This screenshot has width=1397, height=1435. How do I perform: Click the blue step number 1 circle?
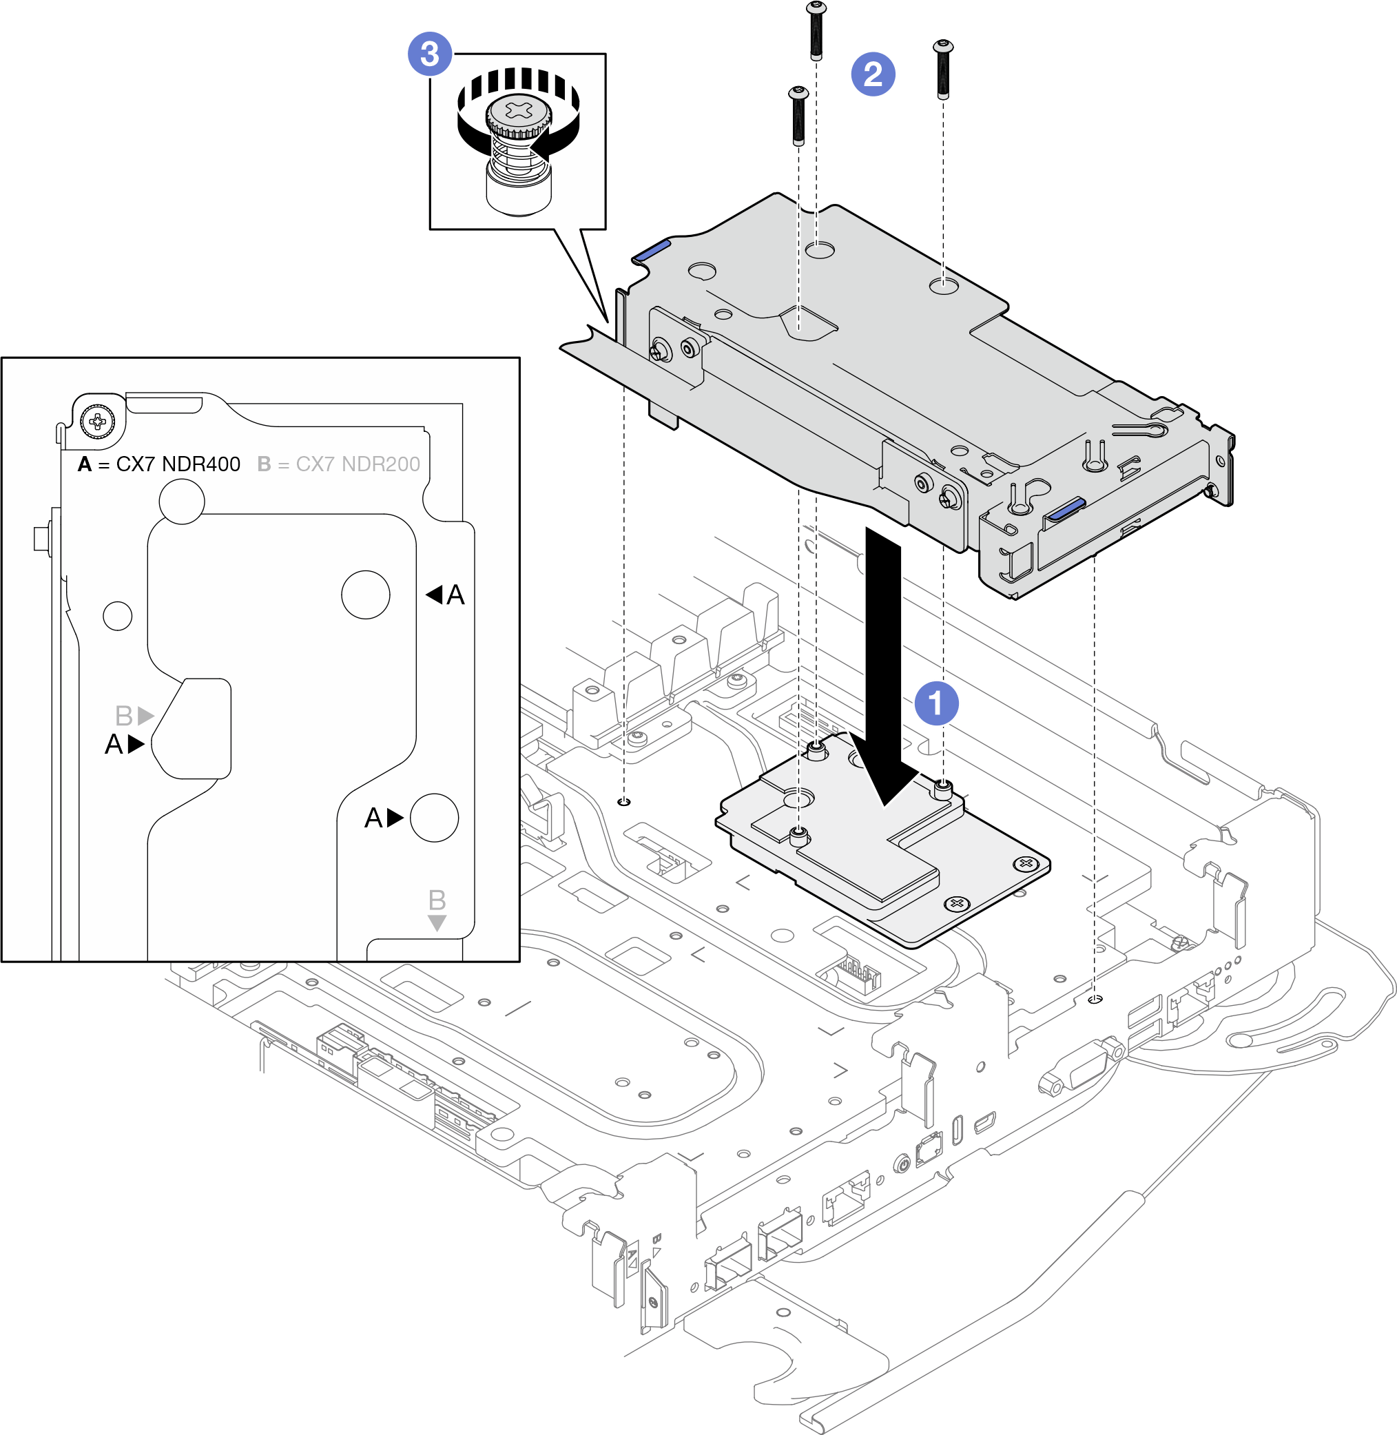[935, 703]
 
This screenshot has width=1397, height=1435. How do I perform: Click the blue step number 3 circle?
[429, 54]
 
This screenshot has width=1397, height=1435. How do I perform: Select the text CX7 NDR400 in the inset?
[178, 464]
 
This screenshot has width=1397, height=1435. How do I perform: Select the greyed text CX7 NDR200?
[358, 464]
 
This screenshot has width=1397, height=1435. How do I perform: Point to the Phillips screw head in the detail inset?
[97, 421]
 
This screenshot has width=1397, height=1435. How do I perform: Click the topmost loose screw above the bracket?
[815, 30]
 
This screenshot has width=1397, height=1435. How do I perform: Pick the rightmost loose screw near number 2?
[943, 69]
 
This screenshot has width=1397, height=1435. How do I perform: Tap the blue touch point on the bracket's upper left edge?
[652, 250]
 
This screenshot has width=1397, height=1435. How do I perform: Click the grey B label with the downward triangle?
[437, 909]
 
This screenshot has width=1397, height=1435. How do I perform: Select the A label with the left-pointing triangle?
[446, 595]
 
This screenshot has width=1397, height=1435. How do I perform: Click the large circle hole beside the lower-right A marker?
[435, 817]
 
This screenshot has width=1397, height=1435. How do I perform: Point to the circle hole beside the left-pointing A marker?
[365, 595]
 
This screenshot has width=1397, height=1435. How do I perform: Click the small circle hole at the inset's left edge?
[117, 615]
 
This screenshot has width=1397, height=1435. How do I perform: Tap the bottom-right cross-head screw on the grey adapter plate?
[955, 902]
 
